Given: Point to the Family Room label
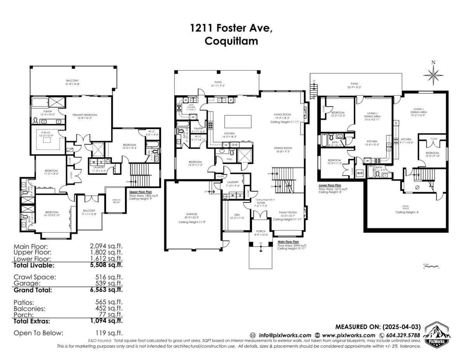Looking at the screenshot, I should point(288,213).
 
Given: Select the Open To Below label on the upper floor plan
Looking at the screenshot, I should point(116,201).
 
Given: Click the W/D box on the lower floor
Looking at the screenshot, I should point(360,173).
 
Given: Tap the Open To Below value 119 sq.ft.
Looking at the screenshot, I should point(109,333).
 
